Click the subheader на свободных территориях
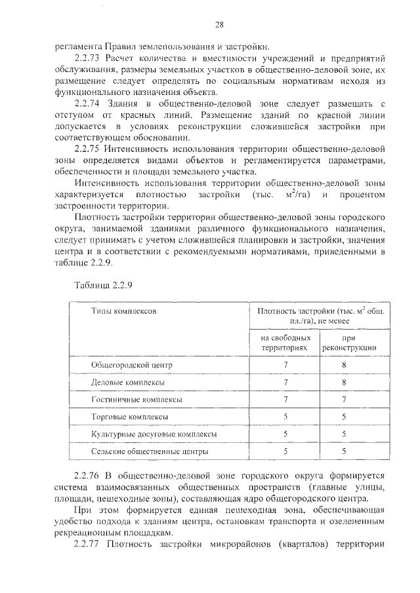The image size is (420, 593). [283, 341]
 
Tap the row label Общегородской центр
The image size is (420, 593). [131, 364]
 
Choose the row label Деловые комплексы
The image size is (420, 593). [127, 381]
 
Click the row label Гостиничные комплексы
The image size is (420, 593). [136, 399]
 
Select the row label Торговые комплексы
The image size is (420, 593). [129, 417]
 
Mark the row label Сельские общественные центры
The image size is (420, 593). [149, 451]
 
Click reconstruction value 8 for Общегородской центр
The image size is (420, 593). [344, 364]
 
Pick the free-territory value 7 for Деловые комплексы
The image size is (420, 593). [285, 381]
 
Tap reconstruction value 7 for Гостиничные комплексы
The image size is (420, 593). [344, 399]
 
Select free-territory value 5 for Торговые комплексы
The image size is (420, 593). [285, 417]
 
